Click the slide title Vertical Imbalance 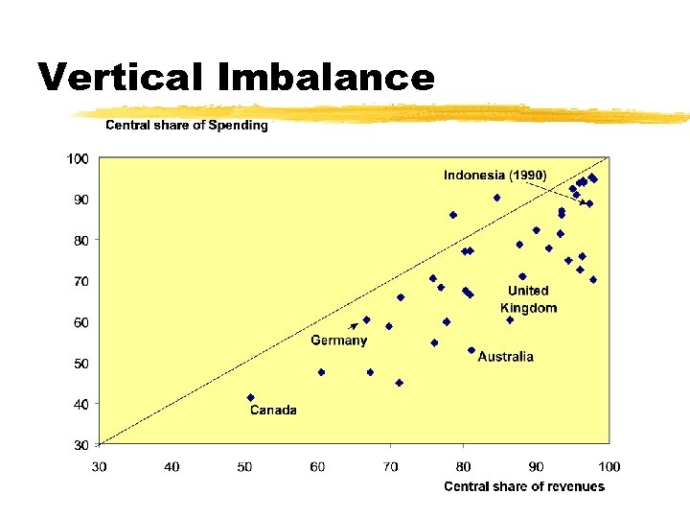tap(236, 77)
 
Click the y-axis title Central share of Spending tap(186, 126)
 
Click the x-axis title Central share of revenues tap(524, 486)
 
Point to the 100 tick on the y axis tap(78, 158)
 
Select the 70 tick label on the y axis tap(80, 282)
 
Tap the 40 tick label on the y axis tap(80, 405)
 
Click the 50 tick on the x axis tap(244, 467)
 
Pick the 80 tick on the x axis tap(463, 467)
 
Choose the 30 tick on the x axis tap(99, 467)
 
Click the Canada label tap(273, 411)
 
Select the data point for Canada tap(250, 397)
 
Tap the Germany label tap(338, 341)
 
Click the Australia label tap(505, 357)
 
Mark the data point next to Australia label tap(471, 350)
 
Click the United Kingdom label tap(528, 299)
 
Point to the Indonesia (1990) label tap(494, 175)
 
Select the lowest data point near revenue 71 tap(399, 383)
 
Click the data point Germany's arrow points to tap(366, 320)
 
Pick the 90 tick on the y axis tap(80, 200)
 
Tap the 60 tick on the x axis tap(317, 467)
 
